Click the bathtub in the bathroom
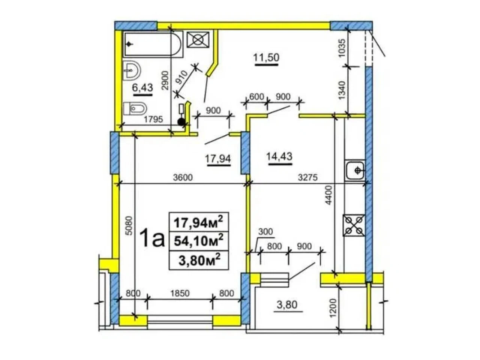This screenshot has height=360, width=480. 153,44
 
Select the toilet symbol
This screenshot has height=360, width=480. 135,109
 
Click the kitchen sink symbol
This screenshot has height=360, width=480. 354,170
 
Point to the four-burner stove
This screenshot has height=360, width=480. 353,225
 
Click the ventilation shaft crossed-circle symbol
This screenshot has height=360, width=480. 198,40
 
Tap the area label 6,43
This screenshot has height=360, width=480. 142,88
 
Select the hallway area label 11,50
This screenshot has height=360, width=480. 266,57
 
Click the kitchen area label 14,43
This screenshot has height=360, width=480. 279,156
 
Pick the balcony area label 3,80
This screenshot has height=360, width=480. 287,305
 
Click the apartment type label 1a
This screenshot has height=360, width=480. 153,239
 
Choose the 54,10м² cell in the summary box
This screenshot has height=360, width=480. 198,241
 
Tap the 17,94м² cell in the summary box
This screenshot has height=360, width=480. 198,222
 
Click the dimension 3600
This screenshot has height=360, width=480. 183,177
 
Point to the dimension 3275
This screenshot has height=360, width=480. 307,177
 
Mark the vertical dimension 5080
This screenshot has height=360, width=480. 130,226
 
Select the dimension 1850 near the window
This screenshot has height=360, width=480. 180,293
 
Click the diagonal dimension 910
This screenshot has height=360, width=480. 182,77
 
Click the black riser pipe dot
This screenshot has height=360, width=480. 181,122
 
